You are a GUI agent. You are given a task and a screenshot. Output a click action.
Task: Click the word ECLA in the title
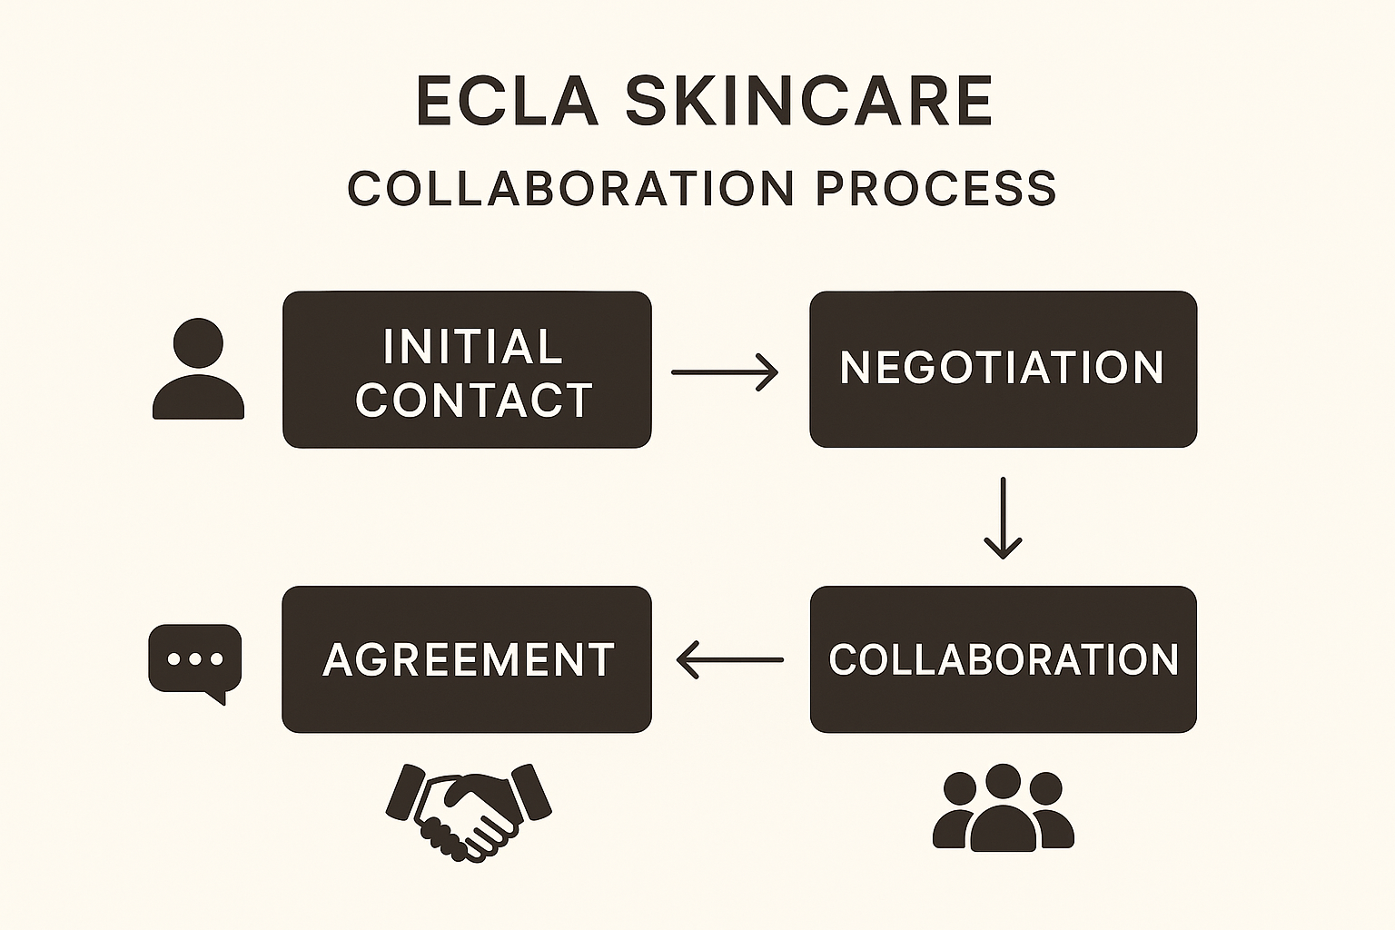507,101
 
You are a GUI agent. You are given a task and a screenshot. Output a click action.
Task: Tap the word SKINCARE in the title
808,101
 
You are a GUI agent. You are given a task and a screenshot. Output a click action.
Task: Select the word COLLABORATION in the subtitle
571,189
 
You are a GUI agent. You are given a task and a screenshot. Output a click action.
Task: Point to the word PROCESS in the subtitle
935,189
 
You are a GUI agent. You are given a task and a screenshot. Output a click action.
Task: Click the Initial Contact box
467,370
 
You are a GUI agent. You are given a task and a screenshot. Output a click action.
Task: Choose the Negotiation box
1003,369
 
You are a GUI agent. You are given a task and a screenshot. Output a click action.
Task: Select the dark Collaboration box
1003,659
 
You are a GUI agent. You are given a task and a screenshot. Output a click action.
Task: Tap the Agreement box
467,659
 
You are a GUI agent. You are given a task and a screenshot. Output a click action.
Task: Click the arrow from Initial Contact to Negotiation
725,372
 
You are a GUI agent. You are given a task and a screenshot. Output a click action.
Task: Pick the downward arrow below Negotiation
1003,518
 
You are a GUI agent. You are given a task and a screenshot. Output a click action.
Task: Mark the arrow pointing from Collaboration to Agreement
729,659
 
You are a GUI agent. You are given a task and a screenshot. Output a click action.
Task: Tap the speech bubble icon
195,661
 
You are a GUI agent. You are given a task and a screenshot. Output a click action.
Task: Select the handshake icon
469,809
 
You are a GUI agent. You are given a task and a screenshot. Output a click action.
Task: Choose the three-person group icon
1003,807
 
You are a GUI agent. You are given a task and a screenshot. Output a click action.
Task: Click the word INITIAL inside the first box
472,347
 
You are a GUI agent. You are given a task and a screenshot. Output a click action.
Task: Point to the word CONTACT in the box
474,400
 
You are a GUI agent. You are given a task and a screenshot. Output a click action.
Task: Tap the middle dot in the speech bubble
195,658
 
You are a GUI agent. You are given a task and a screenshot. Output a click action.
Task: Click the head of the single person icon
198,343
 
